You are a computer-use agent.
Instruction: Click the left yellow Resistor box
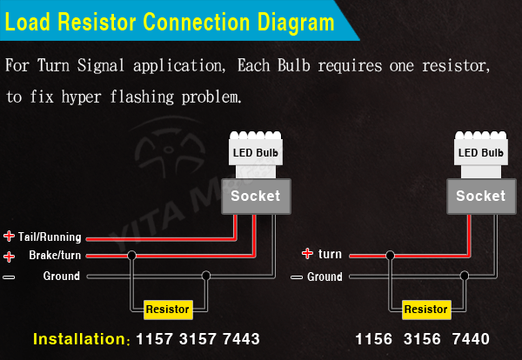coord(167,309)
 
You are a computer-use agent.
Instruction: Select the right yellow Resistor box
coord(426,309)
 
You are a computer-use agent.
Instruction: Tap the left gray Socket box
coord(255,196)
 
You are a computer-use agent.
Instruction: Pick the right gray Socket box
coord(480,196)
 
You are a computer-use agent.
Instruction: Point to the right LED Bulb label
coord(480,153)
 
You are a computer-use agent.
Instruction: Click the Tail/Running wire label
coord(50,237)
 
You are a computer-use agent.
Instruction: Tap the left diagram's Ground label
coord(61,277)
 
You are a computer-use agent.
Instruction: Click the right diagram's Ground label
coord(325,277)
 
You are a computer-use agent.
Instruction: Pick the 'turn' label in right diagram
coord(330,255)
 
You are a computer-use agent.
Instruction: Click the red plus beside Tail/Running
coord(9,237)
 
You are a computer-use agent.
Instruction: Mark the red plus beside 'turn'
coord(307,254)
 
